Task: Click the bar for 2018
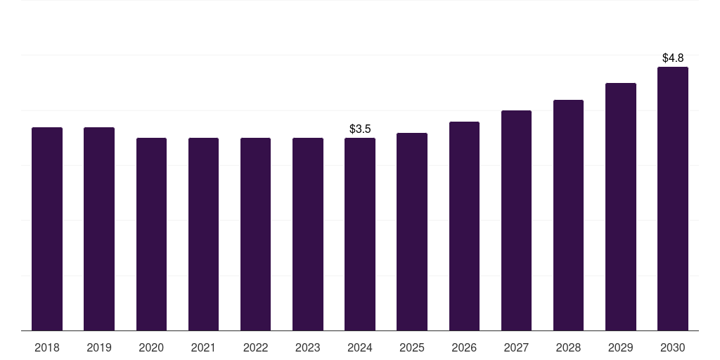[x=47, y=229]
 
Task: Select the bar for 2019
[x=98, y=229]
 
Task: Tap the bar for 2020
[x=151, y=234]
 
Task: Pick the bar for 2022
[x=255, y=234]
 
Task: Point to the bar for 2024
[x=360, y=234]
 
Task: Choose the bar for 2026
[x=464, y=226]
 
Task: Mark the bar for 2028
[x=568, y=215]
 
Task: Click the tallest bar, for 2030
[x=673, y=199]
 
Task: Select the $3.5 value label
[x=360, y=129]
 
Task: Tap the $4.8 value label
[x=673, y=58]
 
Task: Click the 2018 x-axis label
[x=47, y=347]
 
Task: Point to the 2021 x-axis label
[x=203, y=347]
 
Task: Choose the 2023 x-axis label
[x=308, y=347]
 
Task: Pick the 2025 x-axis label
[x=412, y=347]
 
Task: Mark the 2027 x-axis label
[x=516, y=347]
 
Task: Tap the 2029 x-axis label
[x=620, y=347]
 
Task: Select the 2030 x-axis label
[x=673, y=347]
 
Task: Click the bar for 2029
[x=620, y=207]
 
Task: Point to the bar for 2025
[x=412, y=232]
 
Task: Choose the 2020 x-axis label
[x=151, y=347]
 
